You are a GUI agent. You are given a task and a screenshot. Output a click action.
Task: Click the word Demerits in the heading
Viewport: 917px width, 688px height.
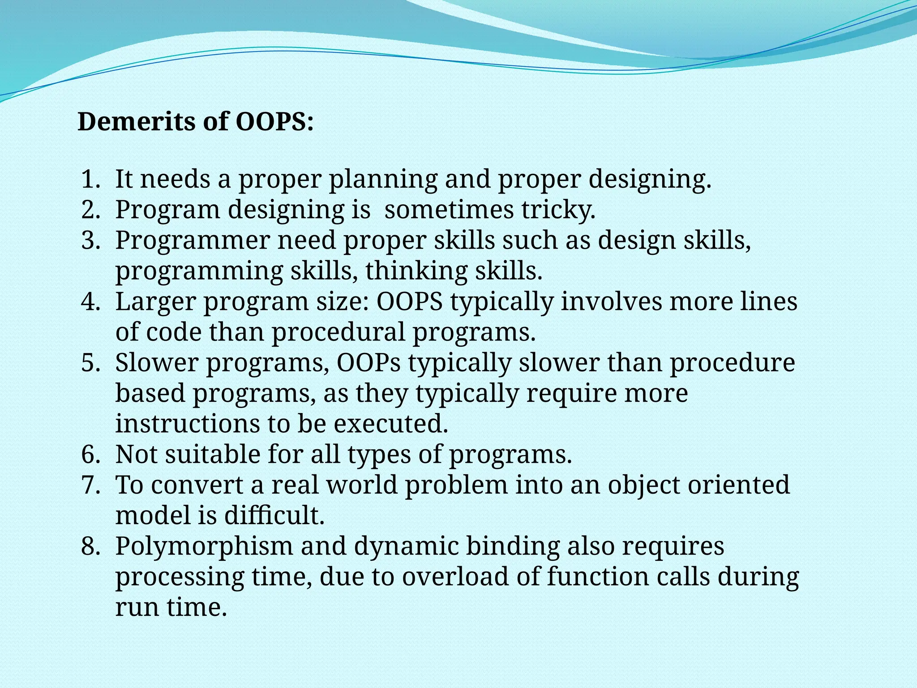[x=137, y=122]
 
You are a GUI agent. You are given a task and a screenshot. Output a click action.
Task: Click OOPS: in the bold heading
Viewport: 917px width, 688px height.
[x=274, y=122]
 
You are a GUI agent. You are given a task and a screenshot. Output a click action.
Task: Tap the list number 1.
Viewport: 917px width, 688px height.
[x=90, y=179]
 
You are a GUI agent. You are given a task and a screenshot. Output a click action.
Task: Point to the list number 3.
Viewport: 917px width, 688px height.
[x=90, y=241]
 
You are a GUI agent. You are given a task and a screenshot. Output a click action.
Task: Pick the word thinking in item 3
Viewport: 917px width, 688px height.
[x=416, y=271]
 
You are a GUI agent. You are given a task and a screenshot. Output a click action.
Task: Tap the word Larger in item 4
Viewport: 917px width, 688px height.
[x=156, y=301]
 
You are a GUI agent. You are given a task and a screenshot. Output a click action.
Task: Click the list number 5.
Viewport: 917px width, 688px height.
[x=90, y=363]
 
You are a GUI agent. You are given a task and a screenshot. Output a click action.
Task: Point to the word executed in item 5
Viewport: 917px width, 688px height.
[x=390, y=424]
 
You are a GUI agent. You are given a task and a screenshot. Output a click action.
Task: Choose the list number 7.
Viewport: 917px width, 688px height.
[x=90, y=485]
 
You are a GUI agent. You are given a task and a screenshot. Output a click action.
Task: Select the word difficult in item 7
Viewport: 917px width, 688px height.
[x=274, y=516]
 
